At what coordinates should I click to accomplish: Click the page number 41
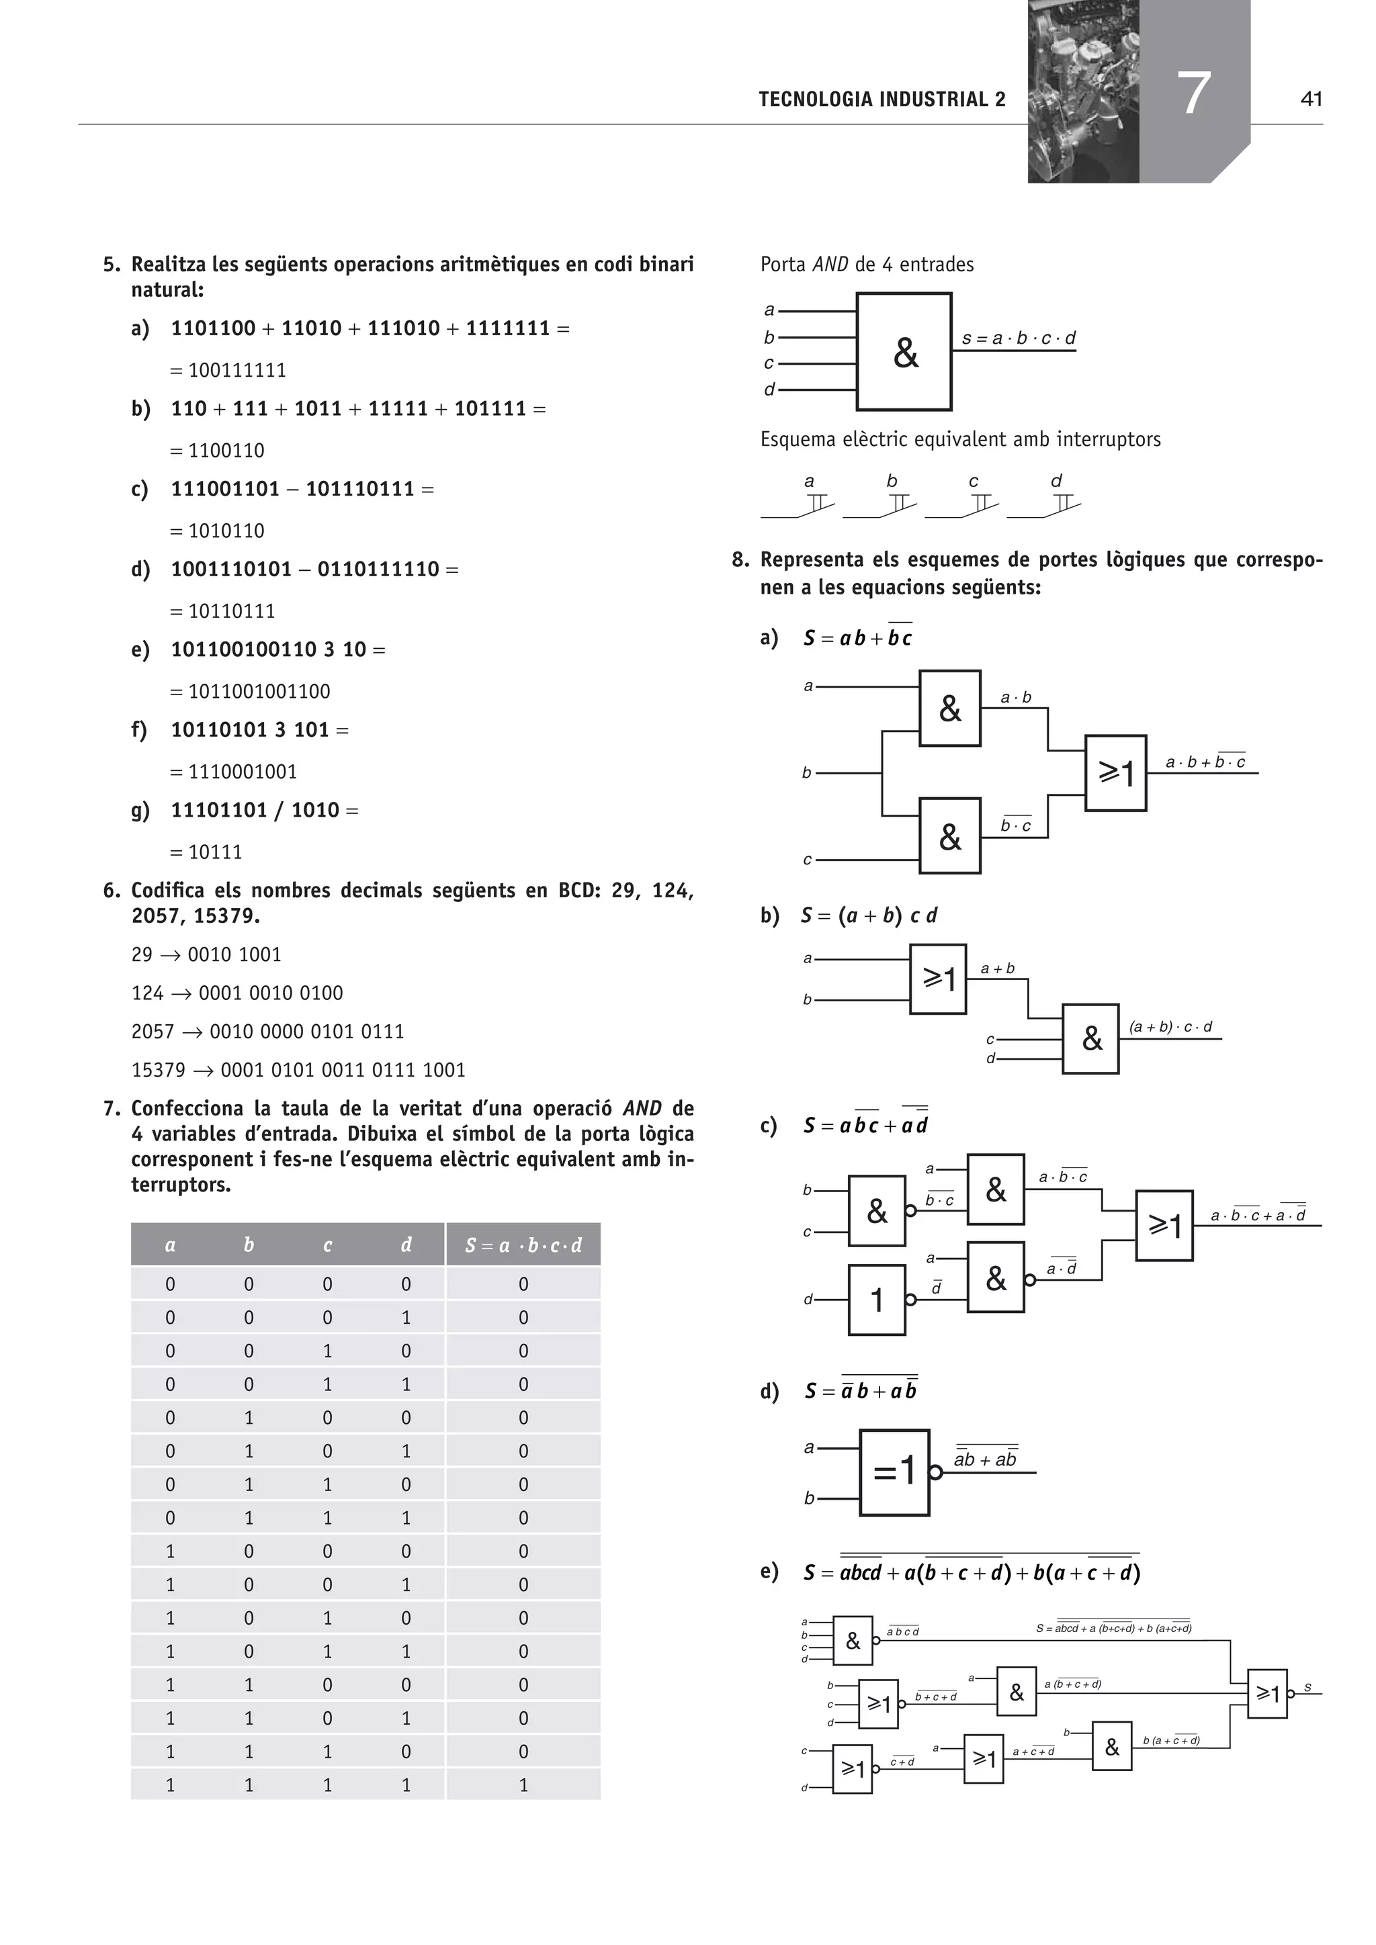click(1310, 99)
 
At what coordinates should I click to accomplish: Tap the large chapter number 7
click(1194, 93)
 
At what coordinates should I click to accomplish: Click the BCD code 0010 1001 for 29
click(234, 955)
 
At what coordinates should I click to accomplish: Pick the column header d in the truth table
click(406, 1245)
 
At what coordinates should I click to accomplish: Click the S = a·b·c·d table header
click(523, 1245)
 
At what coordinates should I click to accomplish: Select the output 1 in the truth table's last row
click(523, 1785)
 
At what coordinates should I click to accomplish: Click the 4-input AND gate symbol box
click(904, 351)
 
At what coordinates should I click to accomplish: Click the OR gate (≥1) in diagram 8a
click(1116, 772)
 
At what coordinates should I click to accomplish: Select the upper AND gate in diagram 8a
click(950, 708)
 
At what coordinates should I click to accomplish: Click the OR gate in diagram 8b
click(938, 979)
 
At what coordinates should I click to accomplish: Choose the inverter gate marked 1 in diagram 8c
click(877, 1300)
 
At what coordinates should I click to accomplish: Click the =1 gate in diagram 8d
click(895, 1472)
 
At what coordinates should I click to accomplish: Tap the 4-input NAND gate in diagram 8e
click(853, 1641)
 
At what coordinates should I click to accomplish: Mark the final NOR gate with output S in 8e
click(1268, 1693)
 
